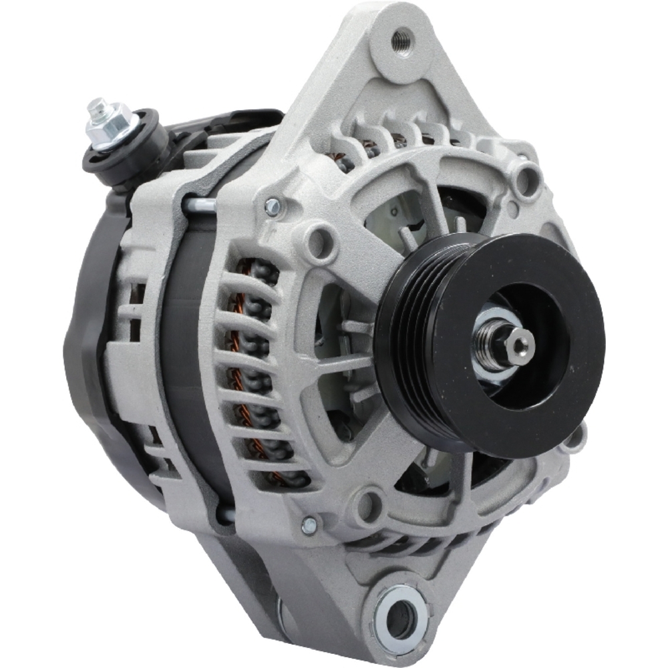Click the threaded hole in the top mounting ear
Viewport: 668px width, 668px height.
point(401,36)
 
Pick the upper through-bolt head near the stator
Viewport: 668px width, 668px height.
point(272,206)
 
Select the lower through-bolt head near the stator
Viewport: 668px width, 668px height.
point(309,525)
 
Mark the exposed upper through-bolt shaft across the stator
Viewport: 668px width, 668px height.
point(198,204)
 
